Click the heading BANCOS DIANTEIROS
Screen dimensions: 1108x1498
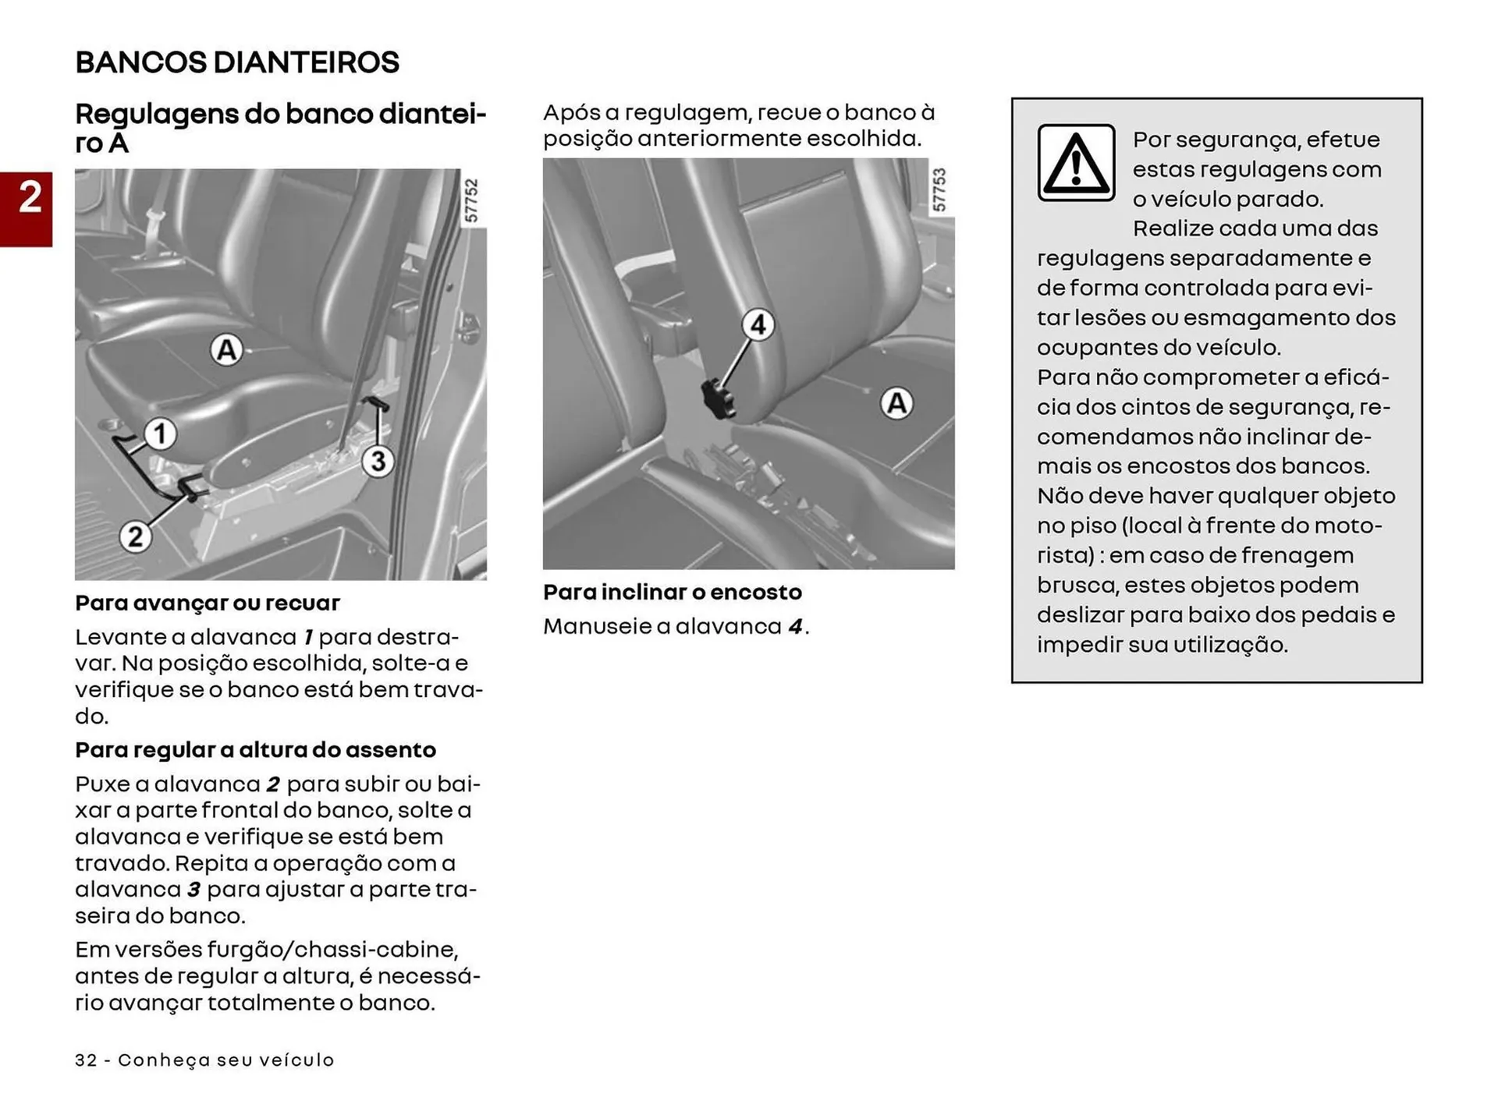237,62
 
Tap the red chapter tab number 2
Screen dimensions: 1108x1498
30,198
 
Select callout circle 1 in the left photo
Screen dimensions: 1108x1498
160,434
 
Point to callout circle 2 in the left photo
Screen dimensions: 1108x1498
135,536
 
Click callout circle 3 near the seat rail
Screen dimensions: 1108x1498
378,461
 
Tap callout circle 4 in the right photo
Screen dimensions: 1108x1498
758,324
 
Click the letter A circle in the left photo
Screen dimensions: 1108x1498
226,350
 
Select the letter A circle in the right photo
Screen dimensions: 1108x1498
896,404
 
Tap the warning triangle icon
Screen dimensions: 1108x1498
1076,163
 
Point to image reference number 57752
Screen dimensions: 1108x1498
471,200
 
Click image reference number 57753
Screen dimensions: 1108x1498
939,189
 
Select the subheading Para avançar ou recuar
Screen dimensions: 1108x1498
208,603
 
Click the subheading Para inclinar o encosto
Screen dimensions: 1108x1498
672,592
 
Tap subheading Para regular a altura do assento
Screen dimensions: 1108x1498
255,749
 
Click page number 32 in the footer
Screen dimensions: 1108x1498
86,1060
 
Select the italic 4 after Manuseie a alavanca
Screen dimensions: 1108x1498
795,627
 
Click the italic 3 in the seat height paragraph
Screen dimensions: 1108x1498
193,890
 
